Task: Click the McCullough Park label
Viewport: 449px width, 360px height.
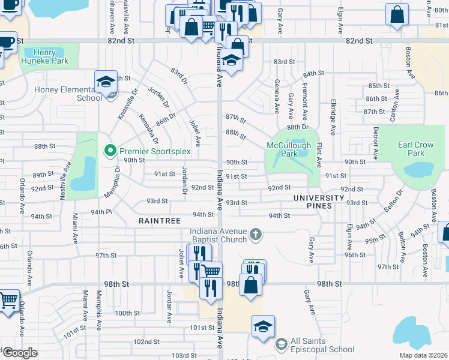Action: pyautogui.click(x=289, y=149)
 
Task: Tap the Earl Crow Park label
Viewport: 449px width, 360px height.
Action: pyautogui.click(x=415, y=149)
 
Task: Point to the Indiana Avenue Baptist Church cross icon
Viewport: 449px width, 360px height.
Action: pyautogui.click(x=256, y=233)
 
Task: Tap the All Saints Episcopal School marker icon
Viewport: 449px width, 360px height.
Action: pyautogui.click(x=281, y=345)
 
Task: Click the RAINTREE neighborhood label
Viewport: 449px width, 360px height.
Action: pyautogui.click(x=160, y=221)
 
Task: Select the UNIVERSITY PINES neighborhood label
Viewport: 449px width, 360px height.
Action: pyautogui.click(x=319, y=202)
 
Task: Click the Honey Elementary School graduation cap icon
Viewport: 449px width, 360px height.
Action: pyautogui.click(x=106, y=82)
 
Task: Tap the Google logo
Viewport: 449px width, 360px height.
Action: pyautogui.click(x=20, y=353)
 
